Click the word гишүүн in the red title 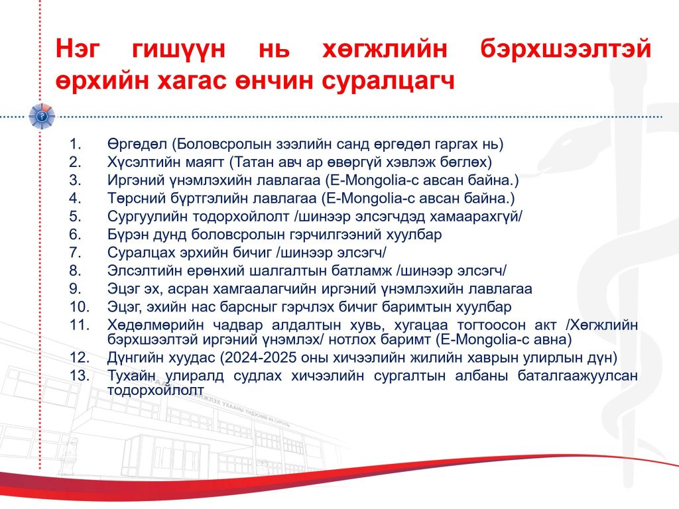pyautogui.click(x=178, y=48)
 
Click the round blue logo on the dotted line pyautogui.click(x=42, y=117)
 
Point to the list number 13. pyautogui.click(x=80, y=375)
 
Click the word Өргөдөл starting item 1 pyautogui.click(x=139, y=144)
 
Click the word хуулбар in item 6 pyautogui.click(x=416, y=235)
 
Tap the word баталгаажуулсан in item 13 pyautogui.click(x=578, y=376)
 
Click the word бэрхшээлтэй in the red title pyautogui.click(x=566, y=48)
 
